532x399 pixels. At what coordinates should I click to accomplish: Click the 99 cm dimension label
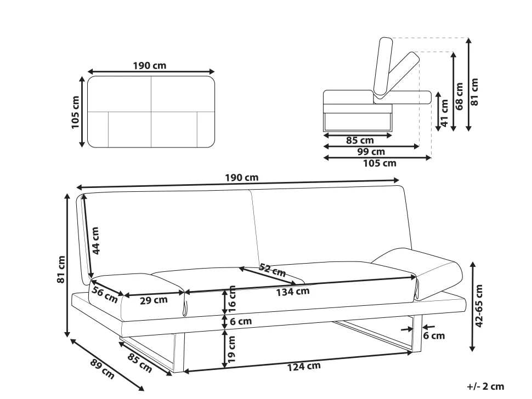(x=371, y=152)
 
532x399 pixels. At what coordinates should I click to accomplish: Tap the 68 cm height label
(x=460, y=96)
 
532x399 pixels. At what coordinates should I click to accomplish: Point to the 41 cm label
(x=445, y=113)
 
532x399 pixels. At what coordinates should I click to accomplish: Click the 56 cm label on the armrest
(x=105, y=295)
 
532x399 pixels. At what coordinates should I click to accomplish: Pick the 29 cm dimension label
(x=154, y=300)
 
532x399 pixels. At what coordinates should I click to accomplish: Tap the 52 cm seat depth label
(x=272, y=270)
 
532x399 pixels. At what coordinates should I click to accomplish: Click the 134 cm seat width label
(x=293, y=292)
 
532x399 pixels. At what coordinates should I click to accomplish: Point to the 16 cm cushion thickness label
(x=232, y=299)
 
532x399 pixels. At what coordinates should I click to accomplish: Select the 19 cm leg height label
(x=232, y=349)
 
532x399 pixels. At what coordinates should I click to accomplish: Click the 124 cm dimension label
(x=304, y=367)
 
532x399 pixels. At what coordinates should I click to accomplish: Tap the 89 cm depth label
(x=103, y=368)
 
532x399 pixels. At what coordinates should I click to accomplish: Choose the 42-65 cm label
(x=479, y=306)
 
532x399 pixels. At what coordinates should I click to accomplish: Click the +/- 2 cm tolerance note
(x=485, y=386)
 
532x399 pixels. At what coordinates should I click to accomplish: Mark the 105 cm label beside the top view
(x=75, y=112)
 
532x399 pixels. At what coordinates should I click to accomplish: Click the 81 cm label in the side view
(x=474, y=92)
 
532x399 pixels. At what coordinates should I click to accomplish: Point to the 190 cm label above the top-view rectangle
(x=150, y=65)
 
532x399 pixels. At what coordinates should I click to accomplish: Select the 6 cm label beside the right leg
(x=434, y=335)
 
